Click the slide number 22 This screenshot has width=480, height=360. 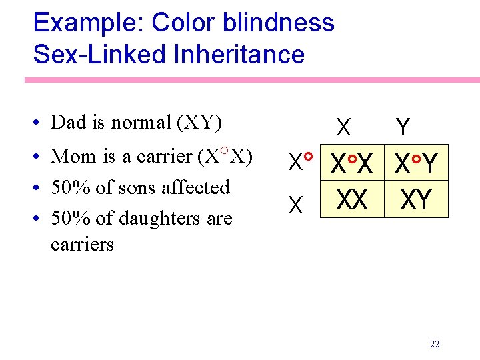pyautogui.click(x=435, y=345)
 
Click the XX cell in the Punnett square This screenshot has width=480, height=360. pyautogui.click(x=352, y=199)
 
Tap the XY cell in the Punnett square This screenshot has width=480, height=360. pyautogui.click(x=416, y=199)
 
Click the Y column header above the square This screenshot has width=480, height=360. pyautogui.click(x=403, y=127)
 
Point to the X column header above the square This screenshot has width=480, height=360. pyautogui.click(x=344, y=127)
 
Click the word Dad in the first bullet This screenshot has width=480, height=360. pyautogui.click(x=68, y=123)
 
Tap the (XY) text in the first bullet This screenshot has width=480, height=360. pyautogui.click(x=199, y=123)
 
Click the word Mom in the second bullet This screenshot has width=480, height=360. pyautogui.click(x=69, y=156)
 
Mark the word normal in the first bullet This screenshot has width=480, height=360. pyautogui.click(x=141, y=123)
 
